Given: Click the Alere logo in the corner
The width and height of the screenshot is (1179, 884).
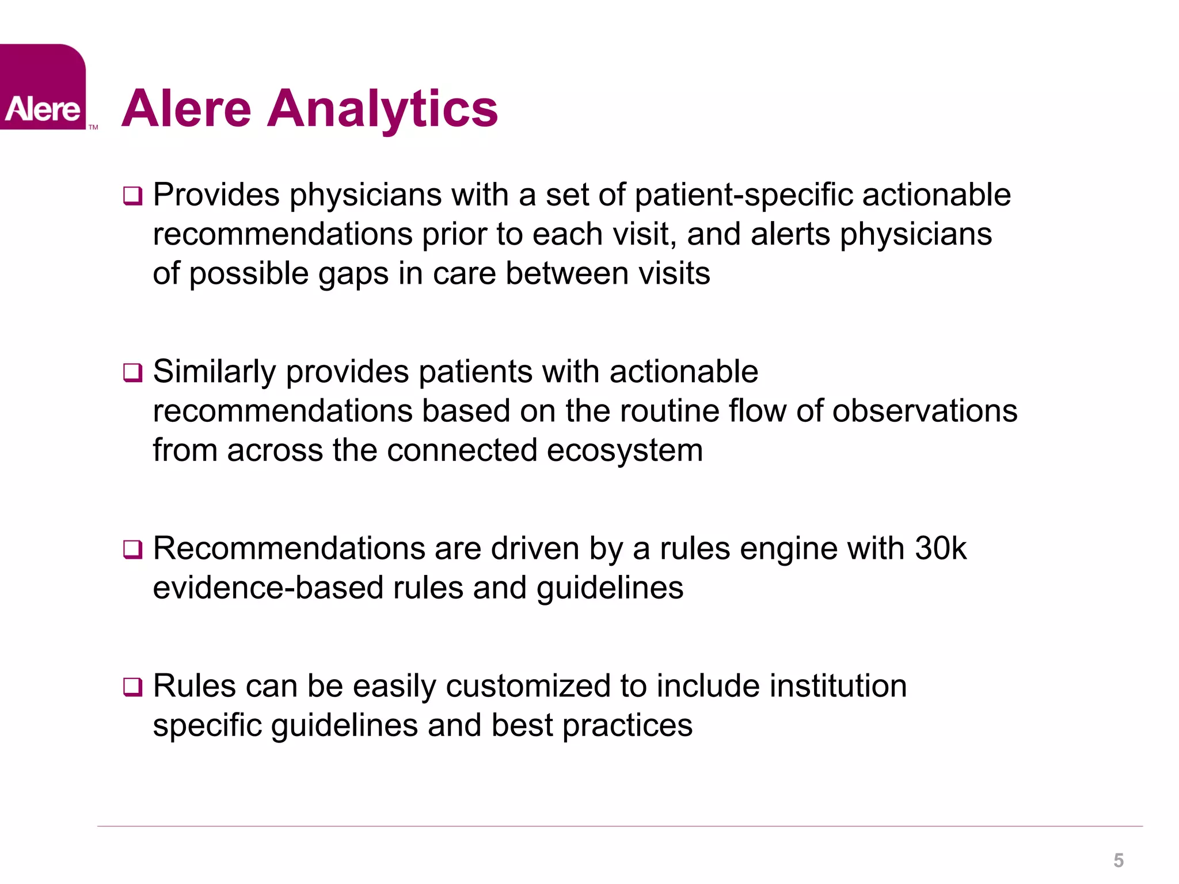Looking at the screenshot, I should pyautogui.click(x=43, y=87).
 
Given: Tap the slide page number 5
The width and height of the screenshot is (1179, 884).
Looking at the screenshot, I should pyautogui.click(x=1118, y=860).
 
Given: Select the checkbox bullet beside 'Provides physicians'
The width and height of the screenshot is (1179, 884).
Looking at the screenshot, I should pyautogui.click(x=132, y=196).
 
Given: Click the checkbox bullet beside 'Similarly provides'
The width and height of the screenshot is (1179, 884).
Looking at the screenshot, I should pyautogui.click(x=132, y=373).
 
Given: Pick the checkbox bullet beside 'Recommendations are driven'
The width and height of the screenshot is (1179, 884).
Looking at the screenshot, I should pyautogui.click(x=132, y=550).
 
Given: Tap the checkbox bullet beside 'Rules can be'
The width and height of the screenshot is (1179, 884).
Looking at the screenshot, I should pyautogui.click(x=132, y=687).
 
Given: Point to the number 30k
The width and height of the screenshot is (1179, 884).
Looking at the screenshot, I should pyautogui.click(x=940, y=548).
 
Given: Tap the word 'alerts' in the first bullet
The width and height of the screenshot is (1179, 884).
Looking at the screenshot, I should pyautogui.click(x=790, y=235).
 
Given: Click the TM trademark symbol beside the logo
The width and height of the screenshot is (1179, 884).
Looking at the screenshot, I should pyautogui.click(x=93, y=127).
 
